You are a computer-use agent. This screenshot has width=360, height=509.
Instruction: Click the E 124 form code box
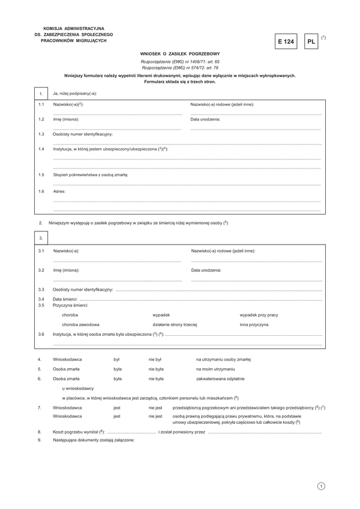pyautogui.click(x=286, y=42)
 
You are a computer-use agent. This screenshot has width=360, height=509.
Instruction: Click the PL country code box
pyautogui.click(x=311, y=42)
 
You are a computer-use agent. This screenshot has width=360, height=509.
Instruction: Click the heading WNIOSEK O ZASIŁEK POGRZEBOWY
pyautogui.click(x=180, y=54)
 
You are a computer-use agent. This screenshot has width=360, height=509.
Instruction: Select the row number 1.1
pyautogui.click(x=41, y=104)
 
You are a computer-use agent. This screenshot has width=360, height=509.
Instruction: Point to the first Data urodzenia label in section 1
pyautogui.click(x=205, y=119)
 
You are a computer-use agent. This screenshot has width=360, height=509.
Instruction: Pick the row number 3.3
pyautogui.click(x=41, y=290)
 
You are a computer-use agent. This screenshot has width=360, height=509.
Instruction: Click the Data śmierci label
pyautogui.click(x=65, y=299)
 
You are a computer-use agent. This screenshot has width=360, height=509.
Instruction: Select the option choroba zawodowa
pyautogui.click(x=80, y=324)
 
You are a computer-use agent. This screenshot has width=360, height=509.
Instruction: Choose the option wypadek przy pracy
pyautogui.click(x=259, y=315)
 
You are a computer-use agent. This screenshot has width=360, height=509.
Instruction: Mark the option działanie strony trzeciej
pyautogui.click(x=175, y=324)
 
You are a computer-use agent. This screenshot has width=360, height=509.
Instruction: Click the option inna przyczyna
pyautogui.click(x=254, y=324)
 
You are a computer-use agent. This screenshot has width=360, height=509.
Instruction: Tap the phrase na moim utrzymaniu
pyautogui.click(x=215, y=369)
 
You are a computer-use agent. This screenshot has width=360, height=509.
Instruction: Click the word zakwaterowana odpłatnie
pyautogui.click(x=220, y=379)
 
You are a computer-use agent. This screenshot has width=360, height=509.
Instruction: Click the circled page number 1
pyautogui.click(x=322, y=486)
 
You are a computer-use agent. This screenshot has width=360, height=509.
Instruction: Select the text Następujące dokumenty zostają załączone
pyautogui.click(x=94, y=440)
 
